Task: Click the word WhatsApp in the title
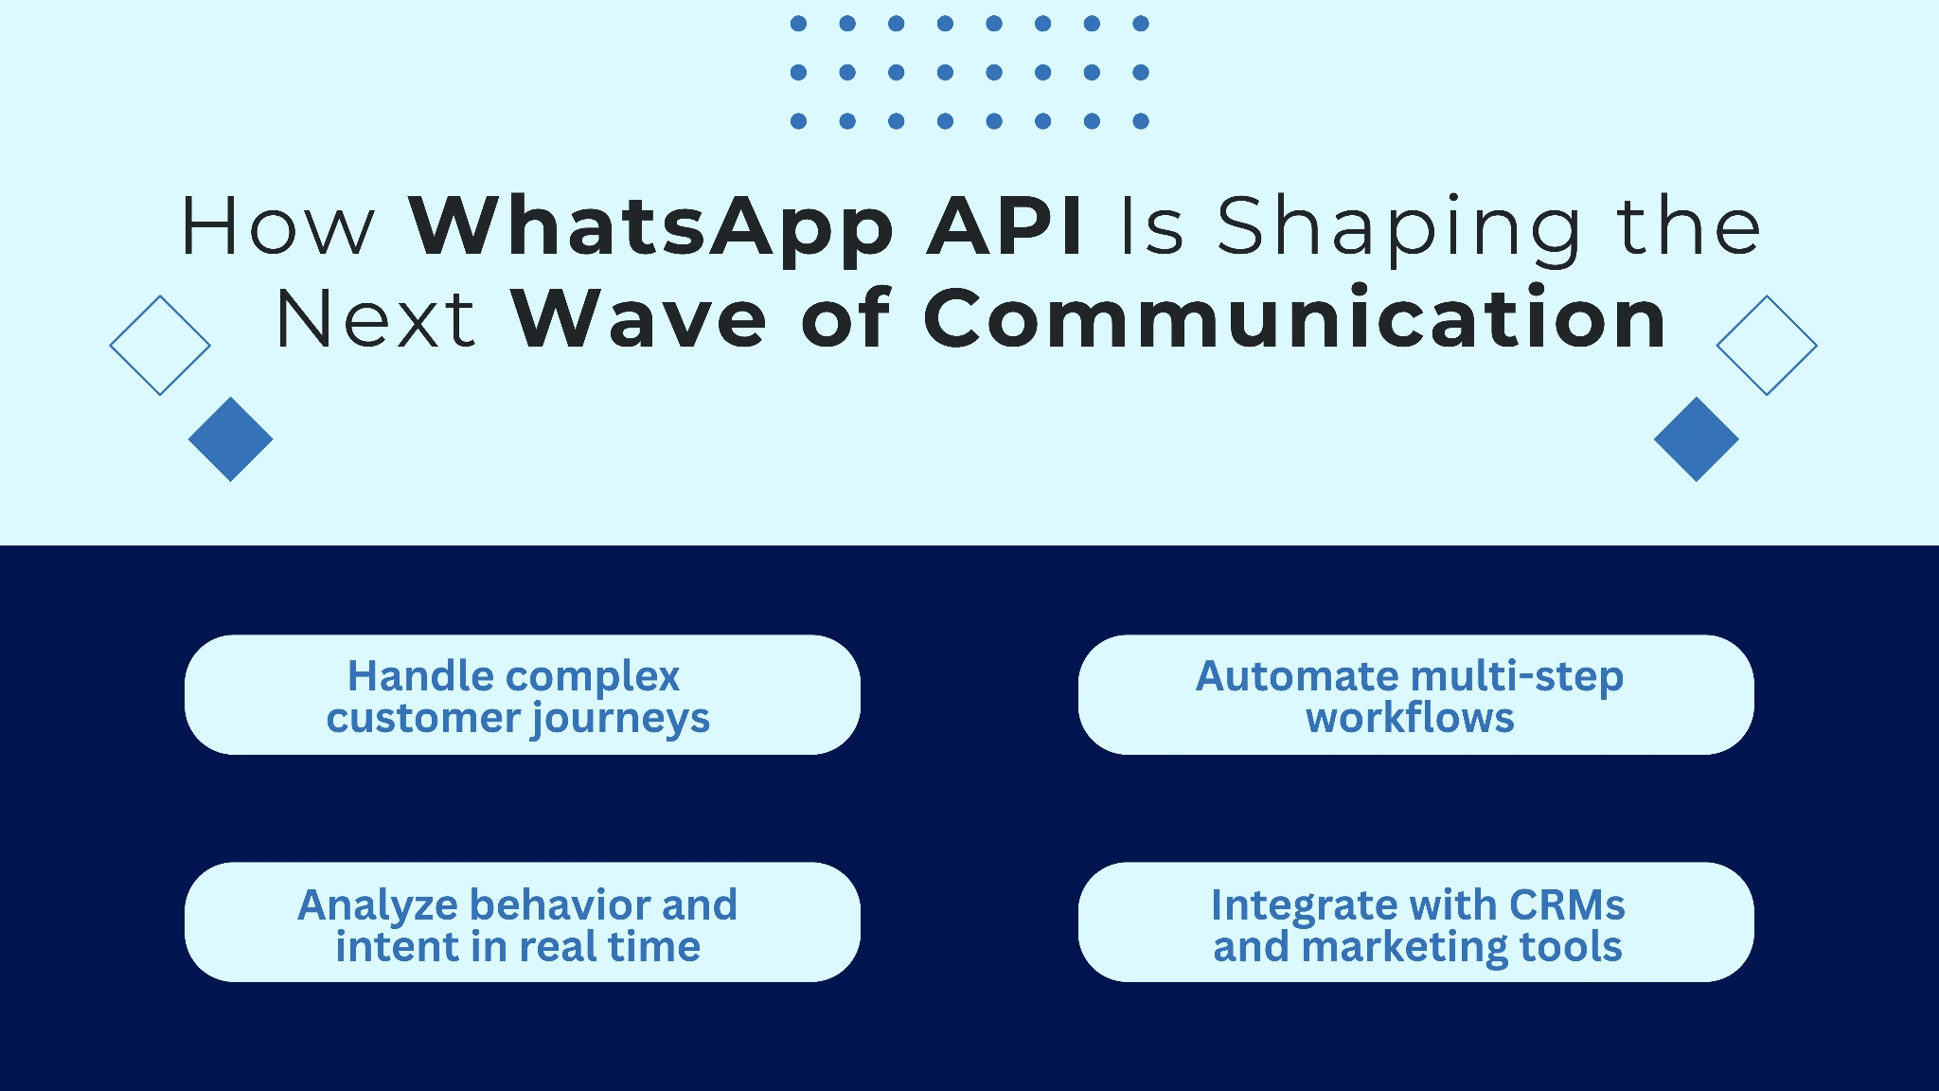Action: point(651,228)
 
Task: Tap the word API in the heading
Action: point(1005,226)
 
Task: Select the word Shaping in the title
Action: point(1398,228)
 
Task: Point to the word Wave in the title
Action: point(639,319)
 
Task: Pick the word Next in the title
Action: point(375,319)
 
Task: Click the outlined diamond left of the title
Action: point(160,345)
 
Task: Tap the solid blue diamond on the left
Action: point(230,438)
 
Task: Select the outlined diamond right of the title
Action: point(1767,345)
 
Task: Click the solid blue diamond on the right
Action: point(1696,438)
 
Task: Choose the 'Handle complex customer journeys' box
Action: point(522,694)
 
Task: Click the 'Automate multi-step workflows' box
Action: point(1415,694)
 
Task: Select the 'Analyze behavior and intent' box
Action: point(522,921)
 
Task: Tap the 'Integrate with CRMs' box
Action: point(1415,921)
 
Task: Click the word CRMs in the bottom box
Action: point(1567,905)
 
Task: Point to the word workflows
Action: point(1410,718)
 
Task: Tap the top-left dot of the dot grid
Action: point(798,24)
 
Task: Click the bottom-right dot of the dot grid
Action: point(1141,121)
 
